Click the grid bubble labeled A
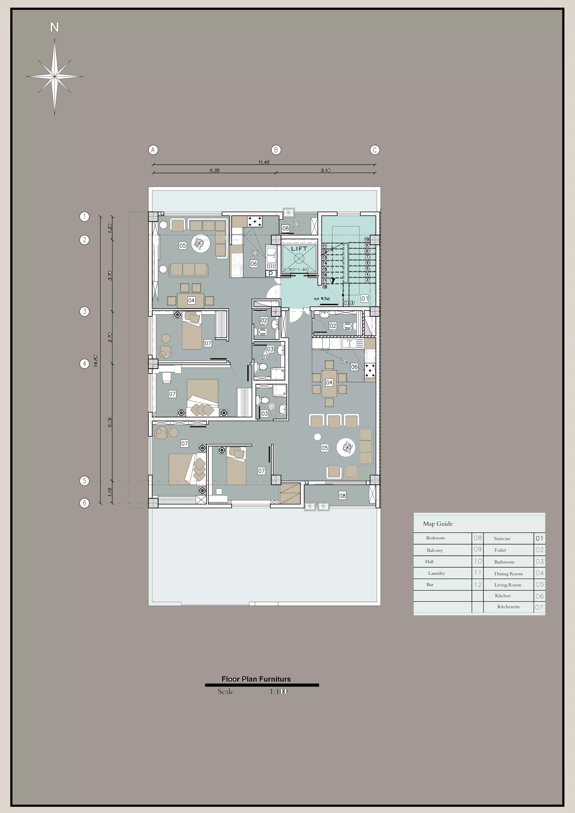point(153,150)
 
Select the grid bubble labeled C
point(375,150)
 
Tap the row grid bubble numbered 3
point(84,312)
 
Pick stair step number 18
point(324,286)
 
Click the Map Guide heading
point(438,524)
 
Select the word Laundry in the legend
point(436,573)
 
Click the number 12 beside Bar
point(478,585)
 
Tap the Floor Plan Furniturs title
point(256,679)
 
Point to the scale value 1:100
point(278,691)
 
